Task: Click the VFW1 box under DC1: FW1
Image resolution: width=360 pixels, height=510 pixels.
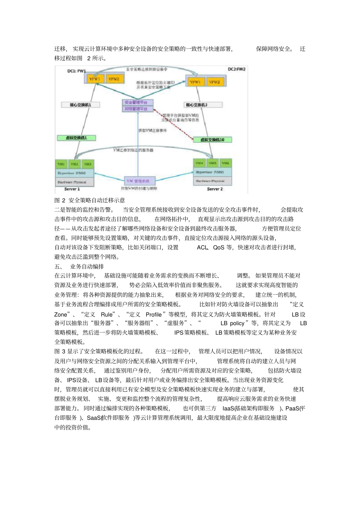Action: click(x=94, y=79)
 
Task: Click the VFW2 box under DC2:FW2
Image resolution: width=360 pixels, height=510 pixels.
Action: click(x=214, y=82)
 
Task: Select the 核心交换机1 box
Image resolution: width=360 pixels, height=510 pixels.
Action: click(x=80, y=105)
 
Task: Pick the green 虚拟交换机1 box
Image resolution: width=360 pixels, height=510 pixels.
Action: click(x=76, y=138)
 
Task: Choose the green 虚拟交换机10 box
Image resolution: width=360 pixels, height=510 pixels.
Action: click(x=212, y=140)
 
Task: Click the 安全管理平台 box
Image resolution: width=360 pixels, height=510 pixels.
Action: click(x=138, y=102)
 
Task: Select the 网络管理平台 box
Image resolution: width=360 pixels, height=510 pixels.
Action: click(x=138, y=109)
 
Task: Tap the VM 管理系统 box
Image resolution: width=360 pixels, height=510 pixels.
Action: click(x=138, y=181)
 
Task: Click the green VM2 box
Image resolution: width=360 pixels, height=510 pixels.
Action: click(x=74, y=164)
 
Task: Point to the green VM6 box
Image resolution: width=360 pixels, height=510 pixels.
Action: click(x=225, y=163)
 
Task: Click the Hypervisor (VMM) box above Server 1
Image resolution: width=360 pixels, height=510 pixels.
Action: click(x=74, y=173)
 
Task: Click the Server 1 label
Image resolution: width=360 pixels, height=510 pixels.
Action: click(x=72, y=189)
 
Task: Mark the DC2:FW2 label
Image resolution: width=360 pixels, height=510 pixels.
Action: click(x=236, y=69)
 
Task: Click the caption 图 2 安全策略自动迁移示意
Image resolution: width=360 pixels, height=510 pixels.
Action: click(x=89, y=200)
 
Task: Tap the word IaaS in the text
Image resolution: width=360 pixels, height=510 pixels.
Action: click(x=228, y=408)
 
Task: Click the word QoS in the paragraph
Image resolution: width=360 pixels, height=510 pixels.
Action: click(x=219, y=248)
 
